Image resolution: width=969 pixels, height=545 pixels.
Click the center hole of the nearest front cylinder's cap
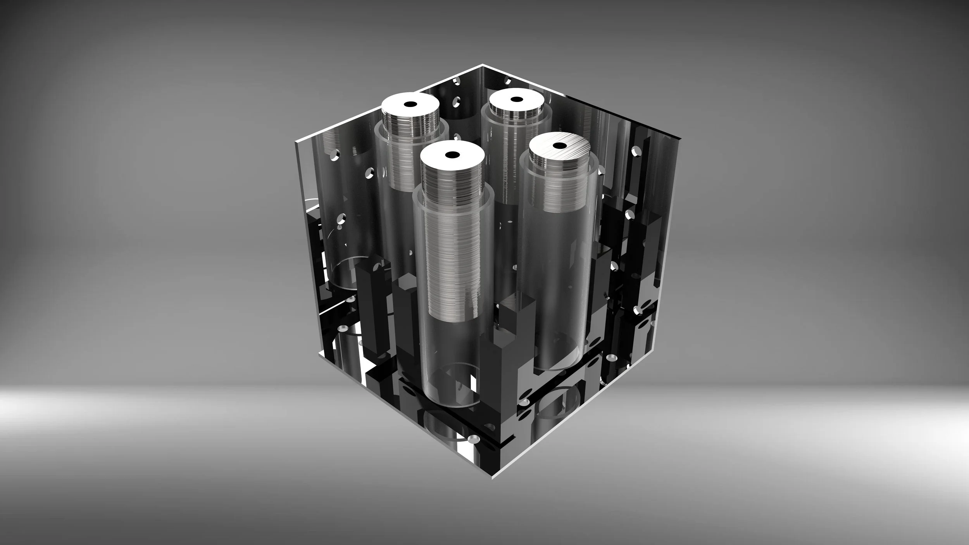coord(452,155)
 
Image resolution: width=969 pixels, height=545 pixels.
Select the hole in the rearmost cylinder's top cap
coord(516,99)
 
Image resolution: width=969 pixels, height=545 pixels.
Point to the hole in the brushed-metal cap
coord(559,146)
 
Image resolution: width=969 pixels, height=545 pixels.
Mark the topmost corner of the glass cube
coord(483,64)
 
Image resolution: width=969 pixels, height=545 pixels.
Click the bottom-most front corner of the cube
coord(492,479)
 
